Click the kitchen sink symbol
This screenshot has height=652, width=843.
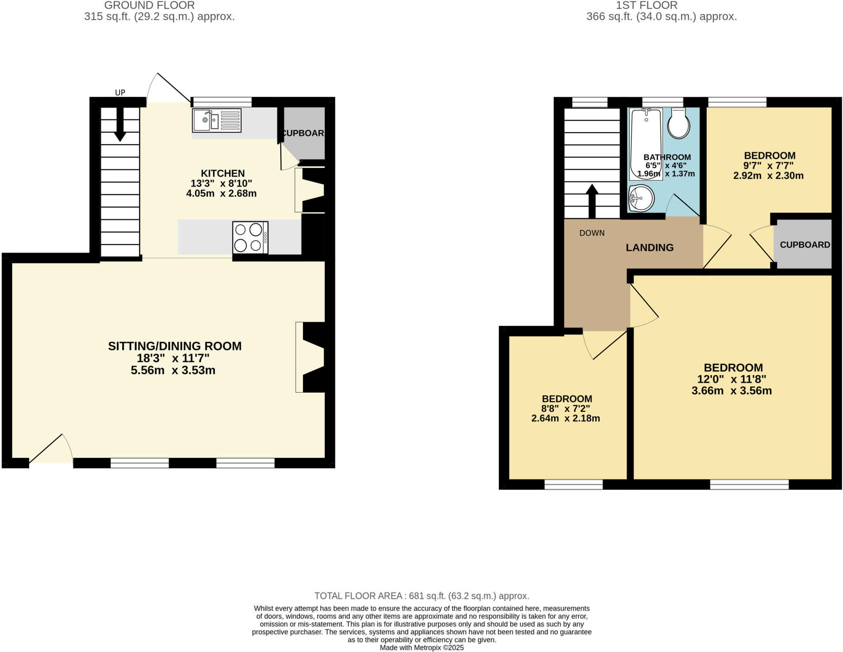(x=217, y=120)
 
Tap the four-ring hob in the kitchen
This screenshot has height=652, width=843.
(x=250, y=237)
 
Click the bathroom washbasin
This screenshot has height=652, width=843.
(x=641, y=198)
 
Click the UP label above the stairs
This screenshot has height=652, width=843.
(x=120, y=93)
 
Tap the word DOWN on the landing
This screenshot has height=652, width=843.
(x=592, y=233)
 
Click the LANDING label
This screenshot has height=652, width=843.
(x=650, y=248)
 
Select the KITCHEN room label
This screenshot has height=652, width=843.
(x=223, y=173)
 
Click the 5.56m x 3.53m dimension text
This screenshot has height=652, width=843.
(x=173, y=370)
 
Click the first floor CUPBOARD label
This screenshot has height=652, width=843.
(x=805, y=245)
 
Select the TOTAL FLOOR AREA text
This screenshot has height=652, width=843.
(x=421, y=596)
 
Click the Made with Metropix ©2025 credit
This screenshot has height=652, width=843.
(x=421, y=647)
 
